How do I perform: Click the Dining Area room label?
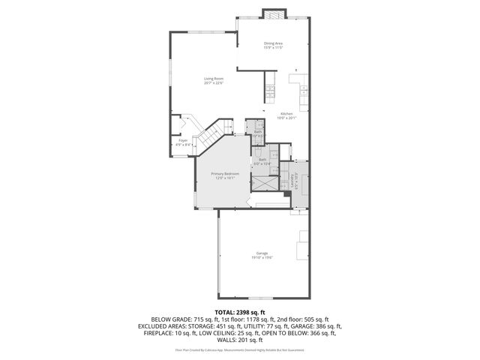pos(273,43)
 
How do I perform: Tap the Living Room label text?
pos(214,78)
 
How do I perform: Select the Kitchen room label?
pos(287,113)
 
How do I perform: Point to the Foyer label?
pos(182,140)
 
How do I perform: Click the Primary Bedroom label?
pos(225,174)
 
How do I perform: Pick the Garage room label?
pos(262,253)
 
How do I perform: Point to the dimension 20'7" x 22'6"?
pos(214,82)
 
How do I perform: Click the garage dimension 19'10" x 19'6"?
pos(262,258)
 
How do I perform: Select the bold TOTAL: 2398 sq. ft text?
pos(239,310)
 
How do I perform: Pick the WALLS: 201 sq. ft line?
pos(239,340)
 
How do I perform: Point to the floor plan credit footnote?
pos(239,349)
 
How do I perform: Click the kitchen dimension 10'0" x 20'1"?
pos(287,118)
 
